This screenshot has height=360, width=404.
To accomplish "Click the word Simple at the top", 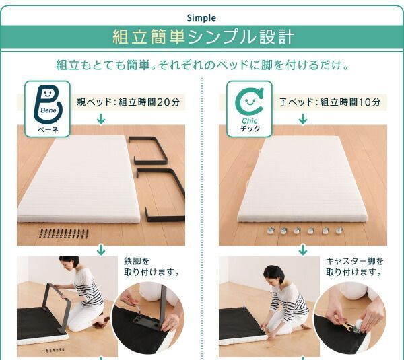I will coord(202,17).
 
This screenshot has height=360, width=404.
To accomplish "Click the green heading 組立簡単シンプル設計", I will coord(202,36).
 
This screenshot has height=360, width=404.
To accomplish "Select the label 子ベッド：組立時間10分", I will coord(329,102).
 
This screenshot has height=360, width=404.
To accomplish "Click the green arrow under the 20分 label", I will coord(101,119).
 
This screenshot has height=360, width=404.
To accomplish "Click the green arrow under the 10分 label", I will coord(303,119).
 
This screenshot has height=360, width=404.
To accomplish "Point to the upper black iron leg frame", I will coord(150,149).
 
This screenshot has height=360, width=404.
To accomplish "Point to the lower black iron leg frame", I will coord(162,195).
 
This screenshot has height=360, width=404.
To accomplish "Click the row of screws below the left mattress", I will coord(64,233).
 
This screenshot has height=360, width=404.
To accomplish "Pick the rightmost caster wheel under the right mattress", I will coord(339,231).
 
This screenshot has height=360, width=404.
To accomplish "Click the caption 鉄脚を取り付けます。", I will coord(151,266).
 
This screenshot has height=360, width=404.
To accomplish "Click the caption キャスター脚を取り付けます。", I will coord(355,266).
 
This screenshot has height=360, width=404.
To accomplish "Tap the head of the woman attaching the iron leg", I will coord(69,262).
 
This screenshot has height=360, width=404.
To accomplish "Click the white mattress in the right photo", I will coord(303,178).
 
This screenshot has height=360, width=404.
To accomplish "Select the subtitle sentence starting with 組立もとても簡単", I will coord(202,66).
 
